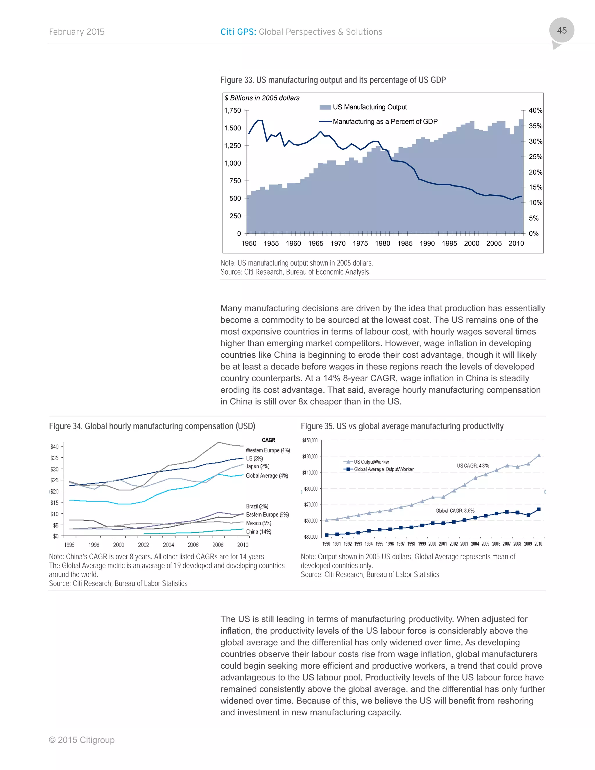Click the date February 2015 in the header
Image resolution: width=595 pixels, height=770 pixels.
coord(77,32)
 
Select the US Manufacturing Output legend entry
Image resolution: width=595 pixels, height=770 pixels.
coord(370,107)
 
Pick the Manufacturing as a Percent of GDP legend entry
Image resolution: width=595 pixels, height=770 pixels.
coord(385,122)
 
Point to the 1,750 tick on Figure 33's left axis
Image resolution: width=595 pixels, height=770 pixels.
coord(233,110)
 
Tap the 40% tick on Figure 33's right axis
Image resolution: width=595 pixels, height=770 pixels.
coord(535,110)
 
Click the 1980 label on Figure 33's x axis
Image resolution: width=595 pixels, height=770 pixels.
coord(382,243)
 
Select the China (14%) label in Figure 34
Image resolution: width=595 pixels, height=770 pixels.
coord(258,532)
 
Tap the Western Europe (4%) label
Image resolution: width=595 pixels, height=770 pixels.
coord(268,450)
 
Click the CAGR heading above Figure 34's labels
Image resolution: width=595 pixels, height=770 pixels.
coord(269,440)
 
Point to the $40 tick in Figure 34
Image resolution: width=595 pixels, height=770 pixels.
coord(54,447)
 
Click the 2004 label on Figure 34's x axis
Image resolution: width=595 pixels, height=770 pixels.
coord(168,545)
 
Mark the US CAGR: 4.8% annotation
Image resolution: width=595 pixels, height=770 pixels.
coord(473,466)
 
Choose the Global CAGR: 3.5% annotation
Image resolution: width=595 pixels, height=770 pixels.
coord(455,511)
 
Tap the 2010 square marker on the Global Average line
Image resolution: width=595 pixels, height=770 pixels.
coord(539,509)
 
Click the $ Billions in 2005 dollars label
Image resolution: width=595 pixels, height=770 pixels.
coord(262,98)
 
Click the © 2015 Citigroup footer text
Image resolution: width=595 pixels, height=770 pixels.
coord(82,740)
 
